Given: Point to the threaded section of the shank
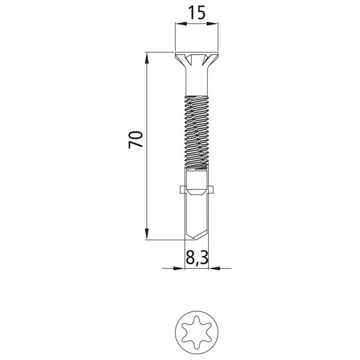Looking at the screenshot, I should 197,133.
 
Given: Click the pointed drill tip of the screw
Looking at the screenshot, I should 197,233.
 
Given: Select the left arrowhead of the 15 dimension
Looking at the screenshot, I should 178,25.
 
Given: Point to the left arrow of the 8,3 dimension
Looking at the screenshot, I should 179,269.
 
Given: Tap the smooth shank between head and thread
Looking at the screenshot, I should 197,85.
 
